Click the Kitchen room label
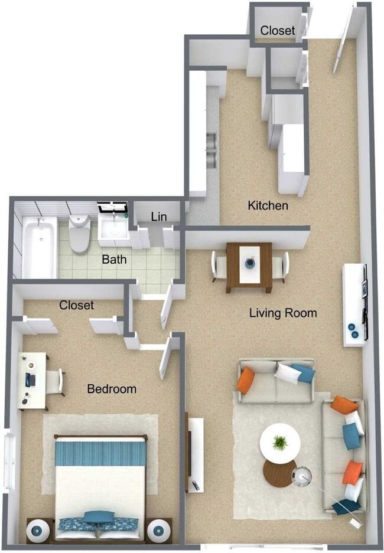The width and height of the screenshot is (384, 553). point(268,205)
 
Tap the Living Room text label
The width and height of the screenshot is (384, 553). point(282,313)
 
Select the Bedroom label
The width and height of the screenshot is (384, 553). point(112,389)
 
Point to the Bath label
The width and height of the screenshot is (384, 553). point(114,258)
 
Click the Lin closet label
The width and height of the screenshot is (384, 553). point(158,217)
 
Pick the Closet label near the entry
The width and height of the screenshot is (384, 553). point(277,30)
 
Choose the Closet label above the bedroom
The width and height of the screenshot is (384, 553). point(76,305)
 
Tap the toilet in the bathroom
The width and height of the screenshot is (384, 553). point(79,233)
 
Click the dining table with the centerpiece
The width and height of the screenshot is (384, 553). point(249,266)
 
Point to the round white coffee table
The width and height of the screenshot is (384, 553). point(279,440)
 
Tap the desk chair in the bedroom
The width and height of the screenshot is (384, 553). point(54,381)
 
